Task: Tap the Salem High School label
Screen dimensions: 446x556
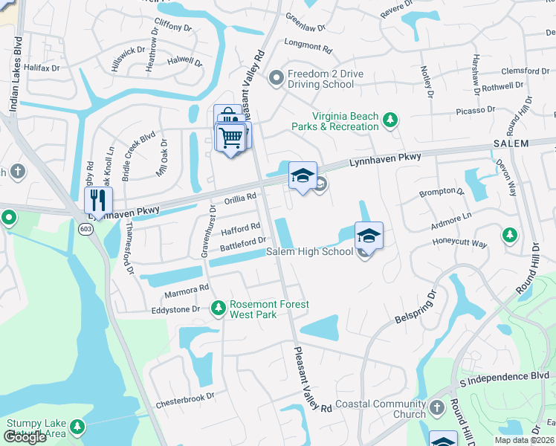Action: coord(309,252)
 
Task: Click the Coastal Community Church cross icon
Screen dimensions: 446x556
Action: coord(436,407)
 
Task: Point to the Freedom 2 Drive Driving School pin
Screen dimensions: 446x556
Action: coord(277,77)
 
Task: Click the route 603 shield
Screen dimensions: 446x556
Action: coord(86,229)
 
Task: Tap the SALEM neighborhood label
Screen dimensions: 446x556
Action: coord(511,143)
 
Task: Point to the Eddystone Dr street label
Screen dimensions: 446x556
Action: coord(175,308)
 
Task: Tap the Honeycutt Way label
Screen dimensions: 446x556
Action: coord(459,243)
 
